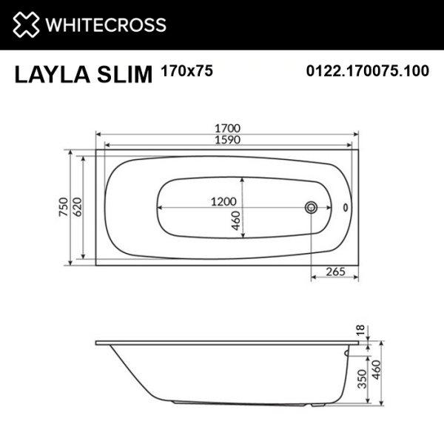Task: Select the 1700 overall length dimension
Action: pyautogui.click(x=226, y=127)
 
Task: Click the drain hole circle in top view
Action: pyautogui.click(x=312, y=207)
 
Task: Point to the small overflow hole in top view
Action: pyautogui.click(x=344, y=207)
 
